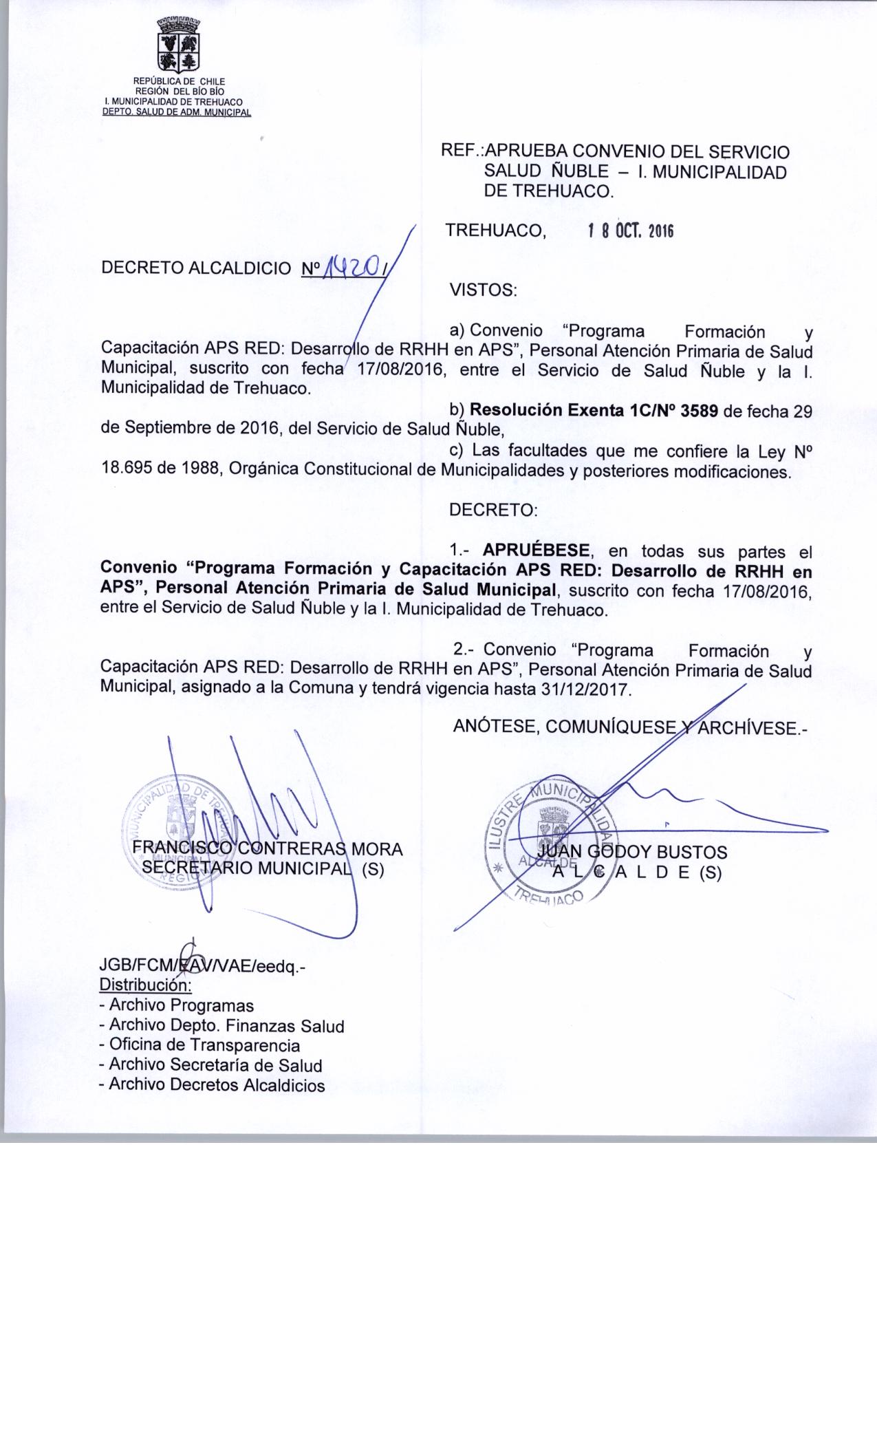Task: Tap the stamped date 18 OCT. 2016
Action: pos(629,231)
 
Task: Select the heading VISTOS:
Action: pos(482,290)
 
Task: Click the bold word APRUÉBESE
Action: pos(537,550)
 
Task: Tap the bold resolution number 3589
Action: pos(699,411)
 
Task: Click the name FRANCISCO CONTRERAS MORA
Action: pos(267,849)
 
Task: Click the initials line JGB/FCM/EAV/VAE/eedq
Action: pos(202,967)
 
